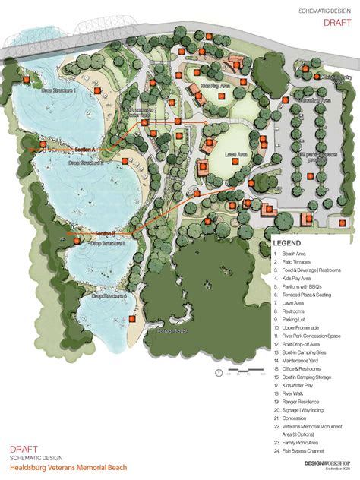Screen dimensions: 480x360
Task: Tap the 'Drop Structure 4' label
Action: (x=114, y=295)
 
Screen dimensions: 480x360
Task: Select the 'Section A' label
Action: (x=58, y=150)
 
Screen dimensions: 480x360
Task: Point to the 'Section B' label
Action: (x=105, y=232)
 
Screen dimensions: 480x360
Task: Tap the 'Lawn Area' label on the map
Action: (x=238, y=154)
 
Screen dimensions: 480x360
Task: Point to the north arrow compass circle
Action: (x=219, y=372)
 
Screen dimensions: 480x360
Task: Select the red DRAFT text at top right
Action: (x=336, y=23)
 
